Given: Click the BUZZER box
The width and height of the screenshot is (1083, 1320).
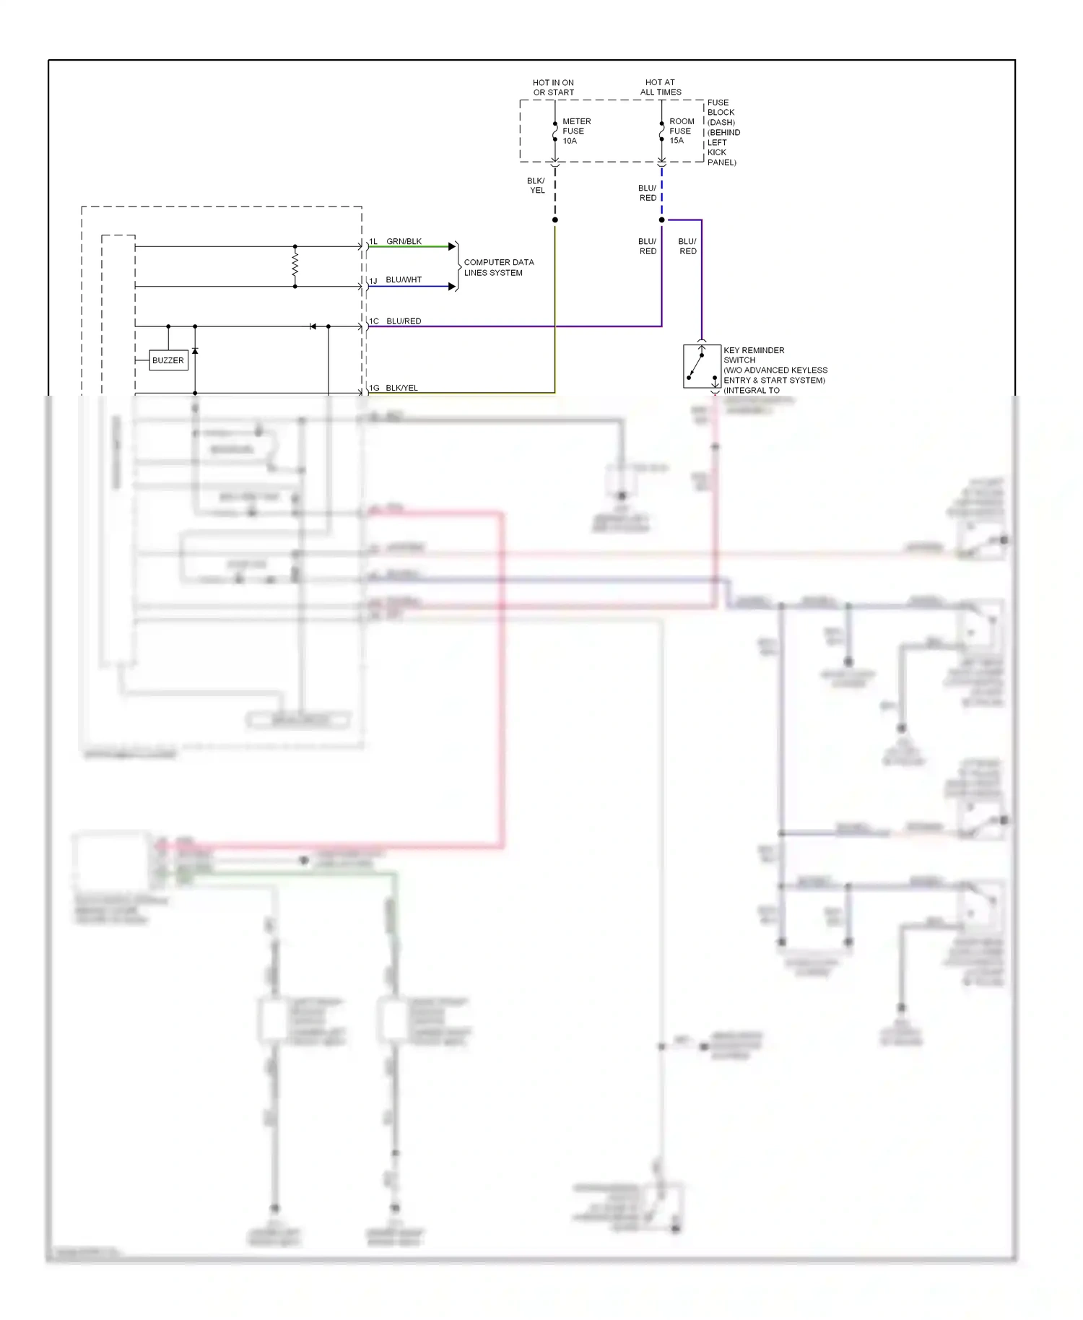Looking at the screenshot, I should coord(168,360).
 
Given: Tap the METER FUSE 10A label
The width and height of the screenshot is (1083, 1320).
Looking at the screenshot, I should coord(575,131).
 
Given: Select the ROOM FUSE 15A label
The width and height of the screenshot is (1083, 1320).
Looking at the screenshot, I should coord(681,131).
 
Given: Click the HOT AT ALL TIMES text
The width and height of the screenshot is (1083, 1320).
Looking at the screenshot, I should coord(660,87).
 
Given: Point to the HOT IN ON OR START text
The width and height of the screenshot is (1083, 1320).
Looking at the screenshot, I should coord(553,87).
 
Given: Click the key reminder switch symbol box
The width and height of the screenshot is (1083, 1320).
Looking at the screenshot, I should coord(701,366).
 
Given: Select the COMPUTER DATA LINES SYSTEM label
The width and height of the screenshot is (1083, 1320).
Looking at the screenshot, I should coord(498,267).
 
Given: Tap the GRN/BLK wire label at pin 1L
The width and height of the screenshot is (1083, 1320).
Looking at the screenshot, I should coord(404,241).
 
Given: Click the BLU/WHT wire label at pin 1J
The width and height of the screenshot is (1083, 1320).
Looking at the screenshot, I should coord(404,279).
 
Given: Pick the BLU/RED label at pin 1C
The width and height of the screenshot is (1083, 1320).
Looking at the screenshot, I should coord(404,321).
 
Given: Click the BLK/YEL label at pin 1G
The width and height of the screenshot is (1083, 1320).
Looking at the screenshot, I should coord(401,388).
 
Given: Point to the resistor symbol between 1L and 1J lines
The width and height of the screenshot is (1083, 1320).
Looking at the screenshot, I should coord(295,266).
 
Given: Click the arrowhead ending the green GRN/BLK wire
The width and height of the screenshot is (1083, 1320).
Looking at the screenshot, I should coord(452,247).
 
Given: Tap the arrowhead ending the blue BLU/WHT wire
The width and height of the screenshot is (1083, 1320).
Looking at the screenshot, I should coord(452,287).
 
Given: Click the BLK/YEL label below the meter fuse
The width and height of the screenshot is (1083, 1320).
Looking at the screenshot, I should coord(536,186).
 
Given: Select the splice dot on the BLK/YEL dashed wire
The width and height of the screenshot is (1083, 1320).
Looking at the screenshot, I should coord(554,220).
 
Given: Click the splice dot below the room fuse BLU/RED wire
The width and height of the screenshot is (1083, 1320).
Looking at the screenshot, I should coord(661,220).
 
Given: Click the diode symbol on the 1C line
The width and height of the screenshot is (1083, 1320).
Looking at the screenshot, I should coord(313,326).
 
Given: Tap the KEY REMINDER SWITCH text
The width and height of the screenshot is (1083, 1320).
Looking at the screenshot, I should coord(753,355).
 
